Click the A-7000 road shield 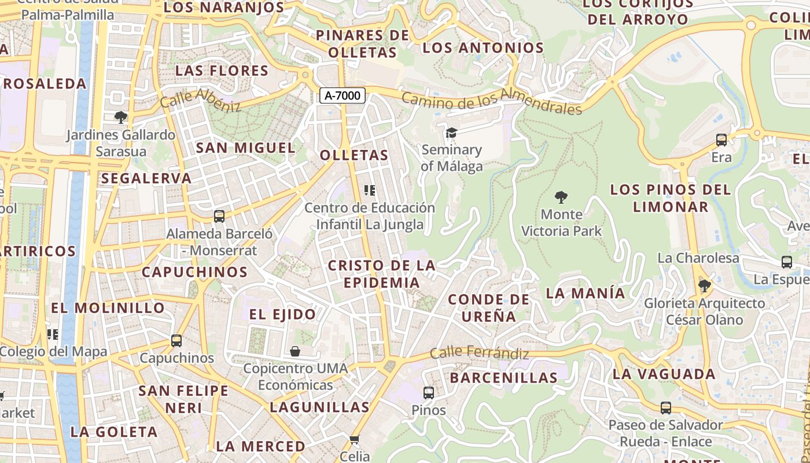pyautogui.click(x=343, y=95)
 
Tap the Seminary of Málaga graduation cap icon pyautogui.click(x=451, y=133)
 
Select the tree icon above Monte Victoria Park pyautogui.click(x=561, y=197)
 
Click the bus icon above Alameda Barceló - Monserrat pyautogui.click(x=219, y=216)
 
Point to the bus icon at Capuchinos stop pyautogui.click(x=176, y=341)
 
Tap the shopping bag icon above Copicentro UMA pyautogui.click(x=295, y=351)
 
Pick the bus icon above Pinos pyautogui.click(x=429, y=393)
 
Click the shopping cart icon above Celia pyautogui.click(x=355, y=439)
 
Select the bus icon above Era pyautogui.click(x=721, y=139)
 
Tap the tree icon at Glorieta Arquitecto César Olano pyautogui.click(x=705, y=286)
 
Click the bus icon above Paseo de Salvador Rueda pyautogui.click(x=666, y=408)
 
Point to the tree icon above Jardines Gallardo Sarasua pyautogui.click(x=120, y=117)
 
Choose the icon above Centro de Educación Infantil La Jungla pyautogui.click(x=370, y=190)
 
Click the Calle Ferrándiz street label pyautogui.click(x=480, y=353)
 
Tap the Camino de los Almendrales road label pyautogui.click(x=491, y=102)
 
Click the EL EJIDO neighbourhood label pyautogui.click(x=283, y=314)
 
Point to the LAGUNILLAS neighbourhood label pyautogui.click(x=319, y=407)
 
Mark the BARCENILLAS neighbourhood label pyautogui.click(x=503, y=378)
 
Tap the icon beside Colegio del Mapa pyautogui.click(x=53, y=334)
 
